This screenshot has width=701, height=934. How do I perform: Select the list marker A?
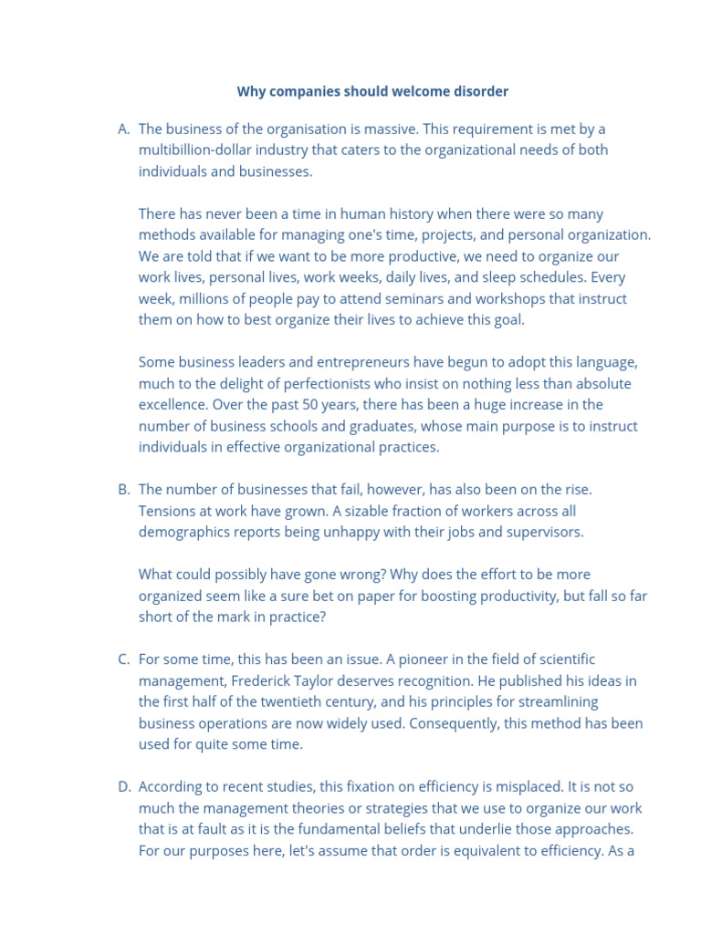point(123,129)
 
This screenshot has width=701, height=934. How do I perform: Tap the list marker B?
point(123,490)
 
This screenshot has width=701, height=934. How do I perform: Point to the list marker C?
point(123,659)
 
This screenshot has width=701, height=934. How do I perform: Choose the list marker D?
point(123,787)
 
